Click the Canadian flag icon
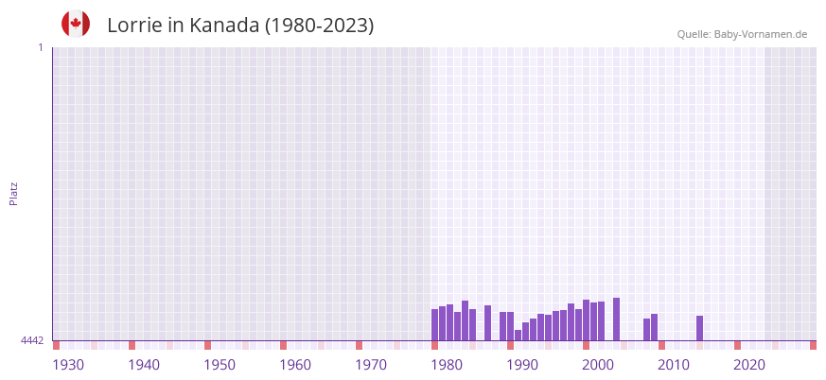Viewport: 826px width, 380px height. [76, 24]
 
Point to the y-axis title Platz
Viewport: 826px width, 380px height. [13, 193]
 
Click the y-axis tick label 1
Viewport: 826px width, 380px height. [40, 47]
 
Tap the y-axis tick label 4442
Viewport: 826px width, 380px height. [32, 340]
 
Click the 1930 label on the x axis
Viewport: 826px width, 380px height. [68, 365]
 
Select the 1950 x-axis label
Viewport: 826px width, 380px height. [220, 365]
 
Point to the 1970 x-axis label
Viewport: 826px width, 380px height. [371, 365]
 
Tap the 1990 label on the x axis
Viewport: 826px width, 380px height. [522, 365]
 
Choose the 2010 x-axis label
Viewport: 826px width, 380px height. [674, 365]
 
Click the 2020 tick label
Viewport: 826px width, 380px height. [749, 365]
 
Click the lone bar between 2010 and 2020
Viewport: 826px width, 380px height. [699, 328]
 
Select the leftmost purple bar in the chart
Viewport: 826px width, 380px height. [435, 325]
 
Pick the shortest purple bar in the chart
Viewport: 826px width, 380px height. [518, 335]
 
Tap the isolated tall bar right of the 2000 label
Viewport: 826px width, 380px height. [616, 320]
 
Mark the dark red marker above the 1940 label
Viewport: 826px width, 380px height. [132, 345]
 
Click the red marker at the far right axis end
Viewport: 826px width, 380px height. [813, 345]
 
